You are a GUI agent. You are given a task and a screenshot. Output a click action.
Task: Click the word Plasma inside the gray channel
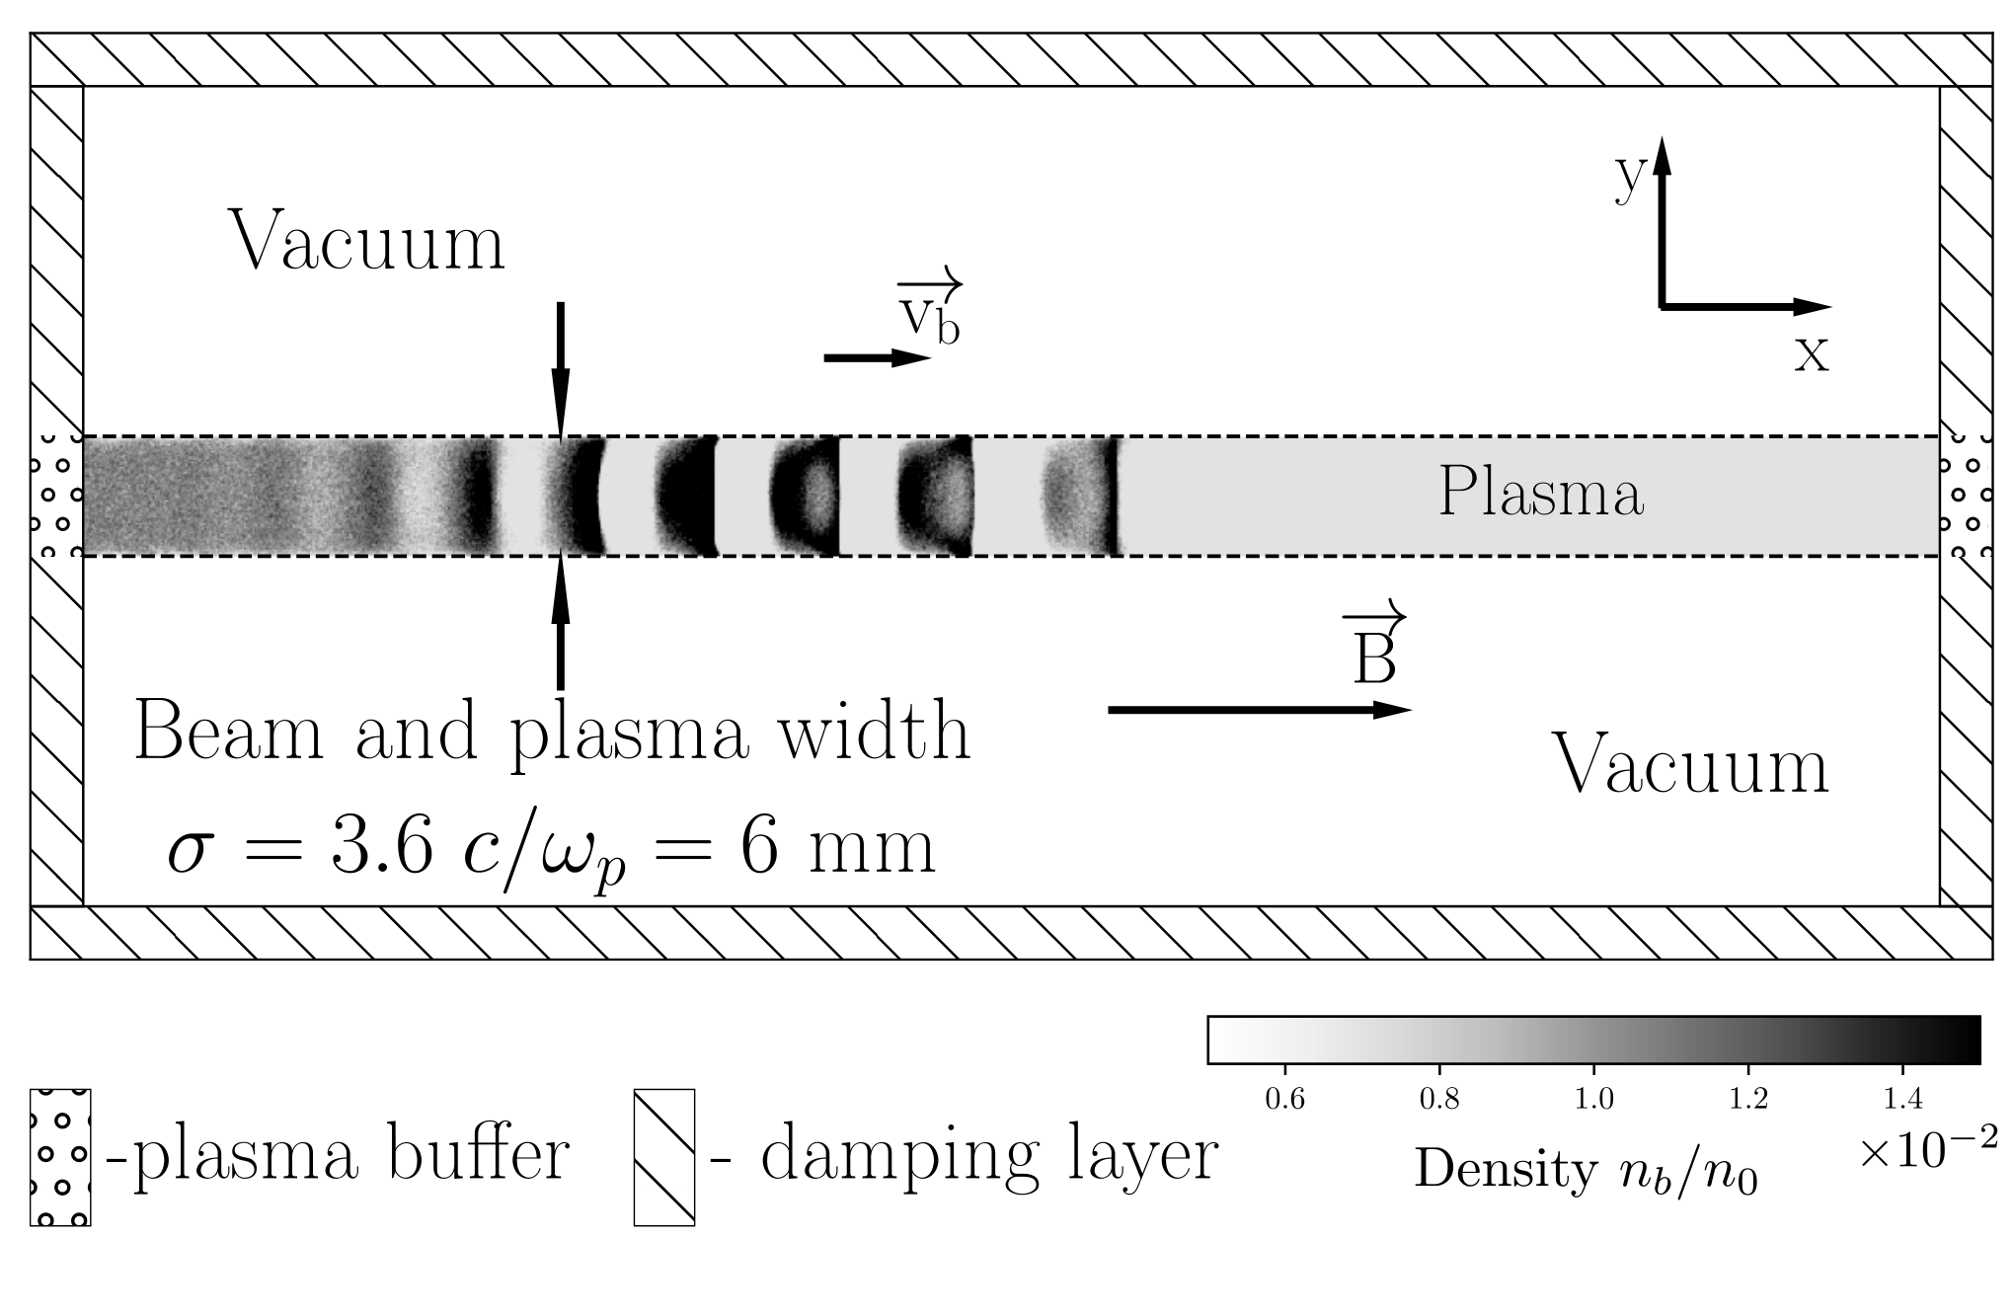1541,492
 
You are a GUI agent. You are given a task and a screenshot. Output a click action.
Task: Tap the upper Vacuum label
366,242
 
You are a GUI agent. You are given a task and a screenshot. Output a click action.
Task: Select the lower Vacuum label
1692,765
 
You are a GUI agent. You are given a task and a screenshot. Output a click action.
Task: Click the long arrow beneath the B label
1260,709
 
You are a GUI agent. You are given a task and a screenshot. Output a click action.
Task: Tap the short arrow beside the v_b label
878,358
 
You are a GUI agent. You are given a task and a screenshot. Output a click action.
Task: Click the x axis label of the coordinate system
1812,354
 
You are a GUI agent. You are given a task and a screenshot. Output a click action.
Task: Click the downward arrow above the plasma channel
561,369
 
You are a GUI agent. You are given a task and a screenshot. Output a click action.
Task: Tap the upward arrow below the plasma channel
561,623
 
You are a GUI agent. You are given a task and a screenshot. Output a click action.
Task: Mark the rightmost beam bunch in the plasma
1083,497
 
